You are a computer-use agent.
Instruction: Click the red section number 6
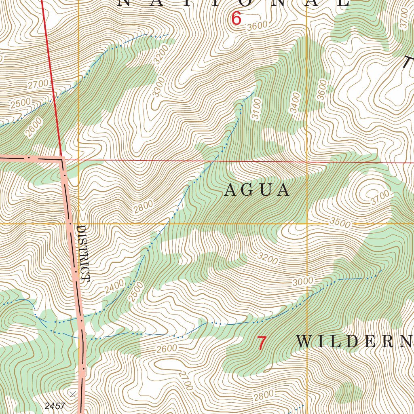pyautogui.click(x=236, y=19)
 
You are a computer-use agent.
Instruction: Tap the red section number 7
pyautogui.click(x=262, y=343)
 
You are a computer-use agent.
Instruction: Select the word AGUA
pyautogui.click(x=257, y=190)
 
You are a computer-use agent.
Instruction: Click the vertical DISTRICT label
pyautogui.click(x=83, y=253)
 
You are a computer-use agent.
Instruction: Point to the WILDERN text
pyautogui.click(x=354, y=342)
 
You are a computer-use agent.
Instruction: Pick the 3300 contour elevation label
pyautogui.click(x=159, y=87)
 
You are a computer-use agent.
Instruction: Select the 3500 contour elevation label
pyautogui.click(x=340, y=222)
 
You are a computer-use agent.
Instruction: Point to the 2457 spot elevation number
pyautogui.click(x=55, y=406)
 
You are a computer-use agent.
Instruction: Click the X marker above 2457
pyautogui.click(x=72, y=394)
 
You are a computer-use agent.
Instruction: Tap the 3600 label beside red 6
pyautogui.click(x=257, y=25)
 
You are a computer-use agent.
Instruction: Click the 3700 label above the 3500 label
pyautogui.click(x=380, y=197)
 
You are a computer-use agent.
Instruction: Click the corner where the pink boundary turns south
pyautogui.click(x=62, y=159)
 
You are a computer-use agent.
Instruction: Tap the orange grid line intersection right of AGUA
pyautogui.click(x=307, y=223)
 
